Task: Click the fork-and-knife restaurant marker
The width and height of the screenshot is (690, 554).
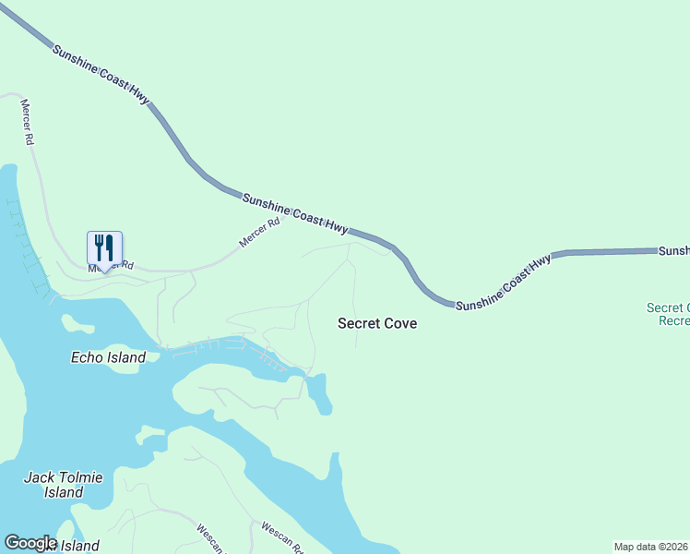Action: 104,248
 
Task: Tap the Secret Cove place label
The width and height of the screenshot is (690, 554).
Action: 377,323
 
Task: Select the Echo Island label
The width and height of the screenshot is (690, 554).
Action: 108,357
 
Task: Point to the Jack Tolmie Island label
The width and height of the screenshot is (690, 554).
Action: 63,484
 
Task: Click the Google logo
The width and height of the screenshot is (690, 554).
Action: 30,543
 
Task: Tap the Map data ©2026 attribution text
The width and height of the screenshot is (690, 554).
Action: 651,547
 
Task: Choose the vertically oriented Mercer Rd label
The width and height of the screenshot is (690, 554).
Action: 28,122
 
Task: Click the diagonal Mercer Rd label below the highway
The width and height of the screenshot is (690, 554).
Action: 259,232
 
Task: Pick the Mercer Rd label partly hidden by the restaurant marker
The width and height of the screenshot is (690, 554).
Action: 111,267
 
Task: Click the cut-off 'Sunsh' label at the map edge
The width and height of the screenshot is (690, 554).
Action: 673,251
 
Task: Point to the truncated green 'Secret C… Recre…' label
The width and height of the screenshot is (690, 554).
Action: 668,314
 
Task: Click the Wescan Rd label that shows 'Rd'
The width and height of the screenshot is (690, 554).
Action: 281,536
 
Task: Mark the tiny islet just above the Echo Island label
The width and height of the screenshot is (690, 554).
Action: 77,323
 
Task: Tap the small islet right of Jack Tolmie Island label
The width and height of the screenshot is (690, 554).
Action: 149,434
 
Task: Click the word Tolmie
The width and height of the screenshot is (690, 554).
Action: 83,476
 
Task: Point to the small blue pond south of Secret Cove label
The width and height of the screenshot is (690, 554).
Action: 319,394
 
